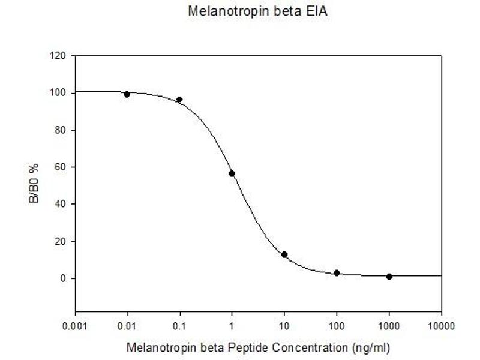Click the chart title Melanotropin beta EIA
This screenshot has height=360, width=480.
[258, 11]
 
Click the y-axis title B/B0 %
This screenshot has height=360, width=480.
[34, 185]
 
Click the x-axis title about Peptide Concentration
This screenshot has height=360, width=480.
[259, 347]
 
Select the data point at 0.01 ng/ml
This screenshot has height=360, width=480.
[127, 94]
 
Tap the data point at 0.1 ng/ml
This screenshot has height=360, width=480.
[179, 100]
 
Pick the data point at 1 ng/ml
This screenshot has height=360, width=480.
[232, 173]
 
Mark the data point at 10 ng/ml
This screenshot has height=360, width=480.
[284, 254]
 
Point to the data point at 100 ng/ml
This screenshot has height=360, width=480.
[337, 273]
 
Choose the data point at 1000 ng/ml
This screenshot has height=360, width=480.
[389, 277]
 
